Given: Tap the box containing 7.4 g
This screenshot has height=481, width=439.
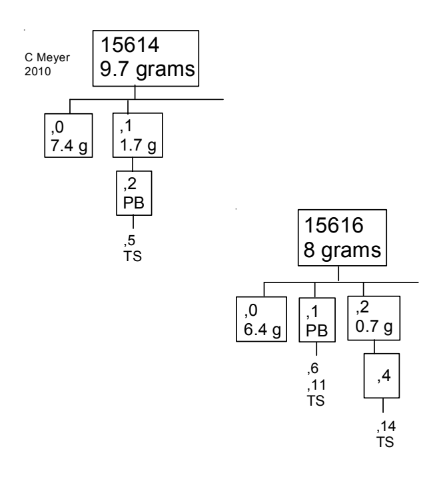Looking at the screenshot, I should (67, 135).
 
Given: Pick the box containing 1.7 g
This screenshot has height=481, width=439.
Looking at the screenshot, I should (138, 135).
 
